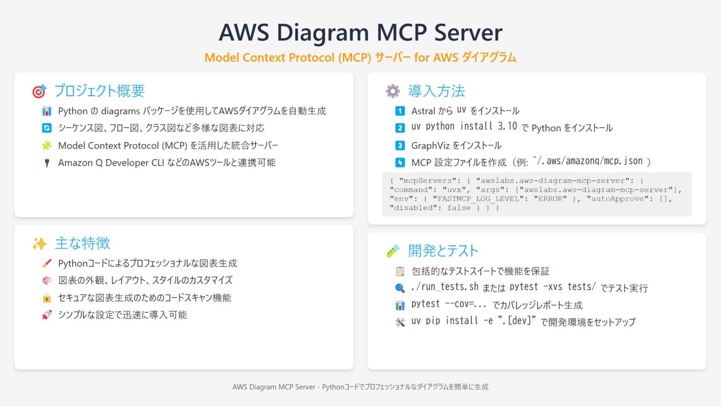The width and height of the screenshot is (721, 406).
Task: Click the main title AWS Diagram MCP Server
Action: pos(360,33)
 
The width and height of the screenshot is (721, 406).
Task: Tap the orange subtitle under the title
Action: pos(360,58)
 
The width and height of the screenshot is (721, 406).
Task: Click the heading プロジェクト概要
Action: pos(100,91)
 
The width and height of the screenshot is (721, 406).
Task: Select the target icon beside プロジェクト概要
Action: pos(39,91)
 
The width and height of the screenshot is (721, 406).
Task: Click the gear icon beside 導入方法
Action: pos(393,91)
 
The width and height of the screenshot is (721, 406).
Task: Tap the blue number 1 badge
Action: pos(400,111)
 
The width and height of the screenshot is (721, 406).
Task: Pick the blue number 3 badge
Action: pos(400,145)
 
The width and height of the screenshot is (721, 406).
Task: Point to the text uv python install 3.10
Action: pos(464,127)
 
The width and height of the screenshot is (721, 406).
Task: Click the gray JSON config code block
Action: pos(537,194)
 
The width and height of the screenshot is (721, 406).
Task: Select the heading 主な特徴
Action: pos(83,244)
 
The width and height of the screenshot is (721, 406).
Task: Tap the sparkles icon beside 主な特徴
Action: pos(39,244)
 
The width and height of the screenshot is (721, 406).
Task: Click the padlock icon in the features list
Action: pos(47,298)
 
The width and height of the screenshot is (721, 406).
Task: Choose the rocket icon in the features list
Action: pos(47,315)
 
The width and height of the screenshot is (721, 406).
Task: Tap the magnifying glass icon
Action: pos(400,288)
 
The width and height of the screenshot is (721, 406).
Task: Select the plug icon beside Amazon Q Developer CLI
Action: pos(47,162)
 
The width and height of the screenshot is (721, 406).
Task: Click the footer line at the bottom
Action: pos(360,387)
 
